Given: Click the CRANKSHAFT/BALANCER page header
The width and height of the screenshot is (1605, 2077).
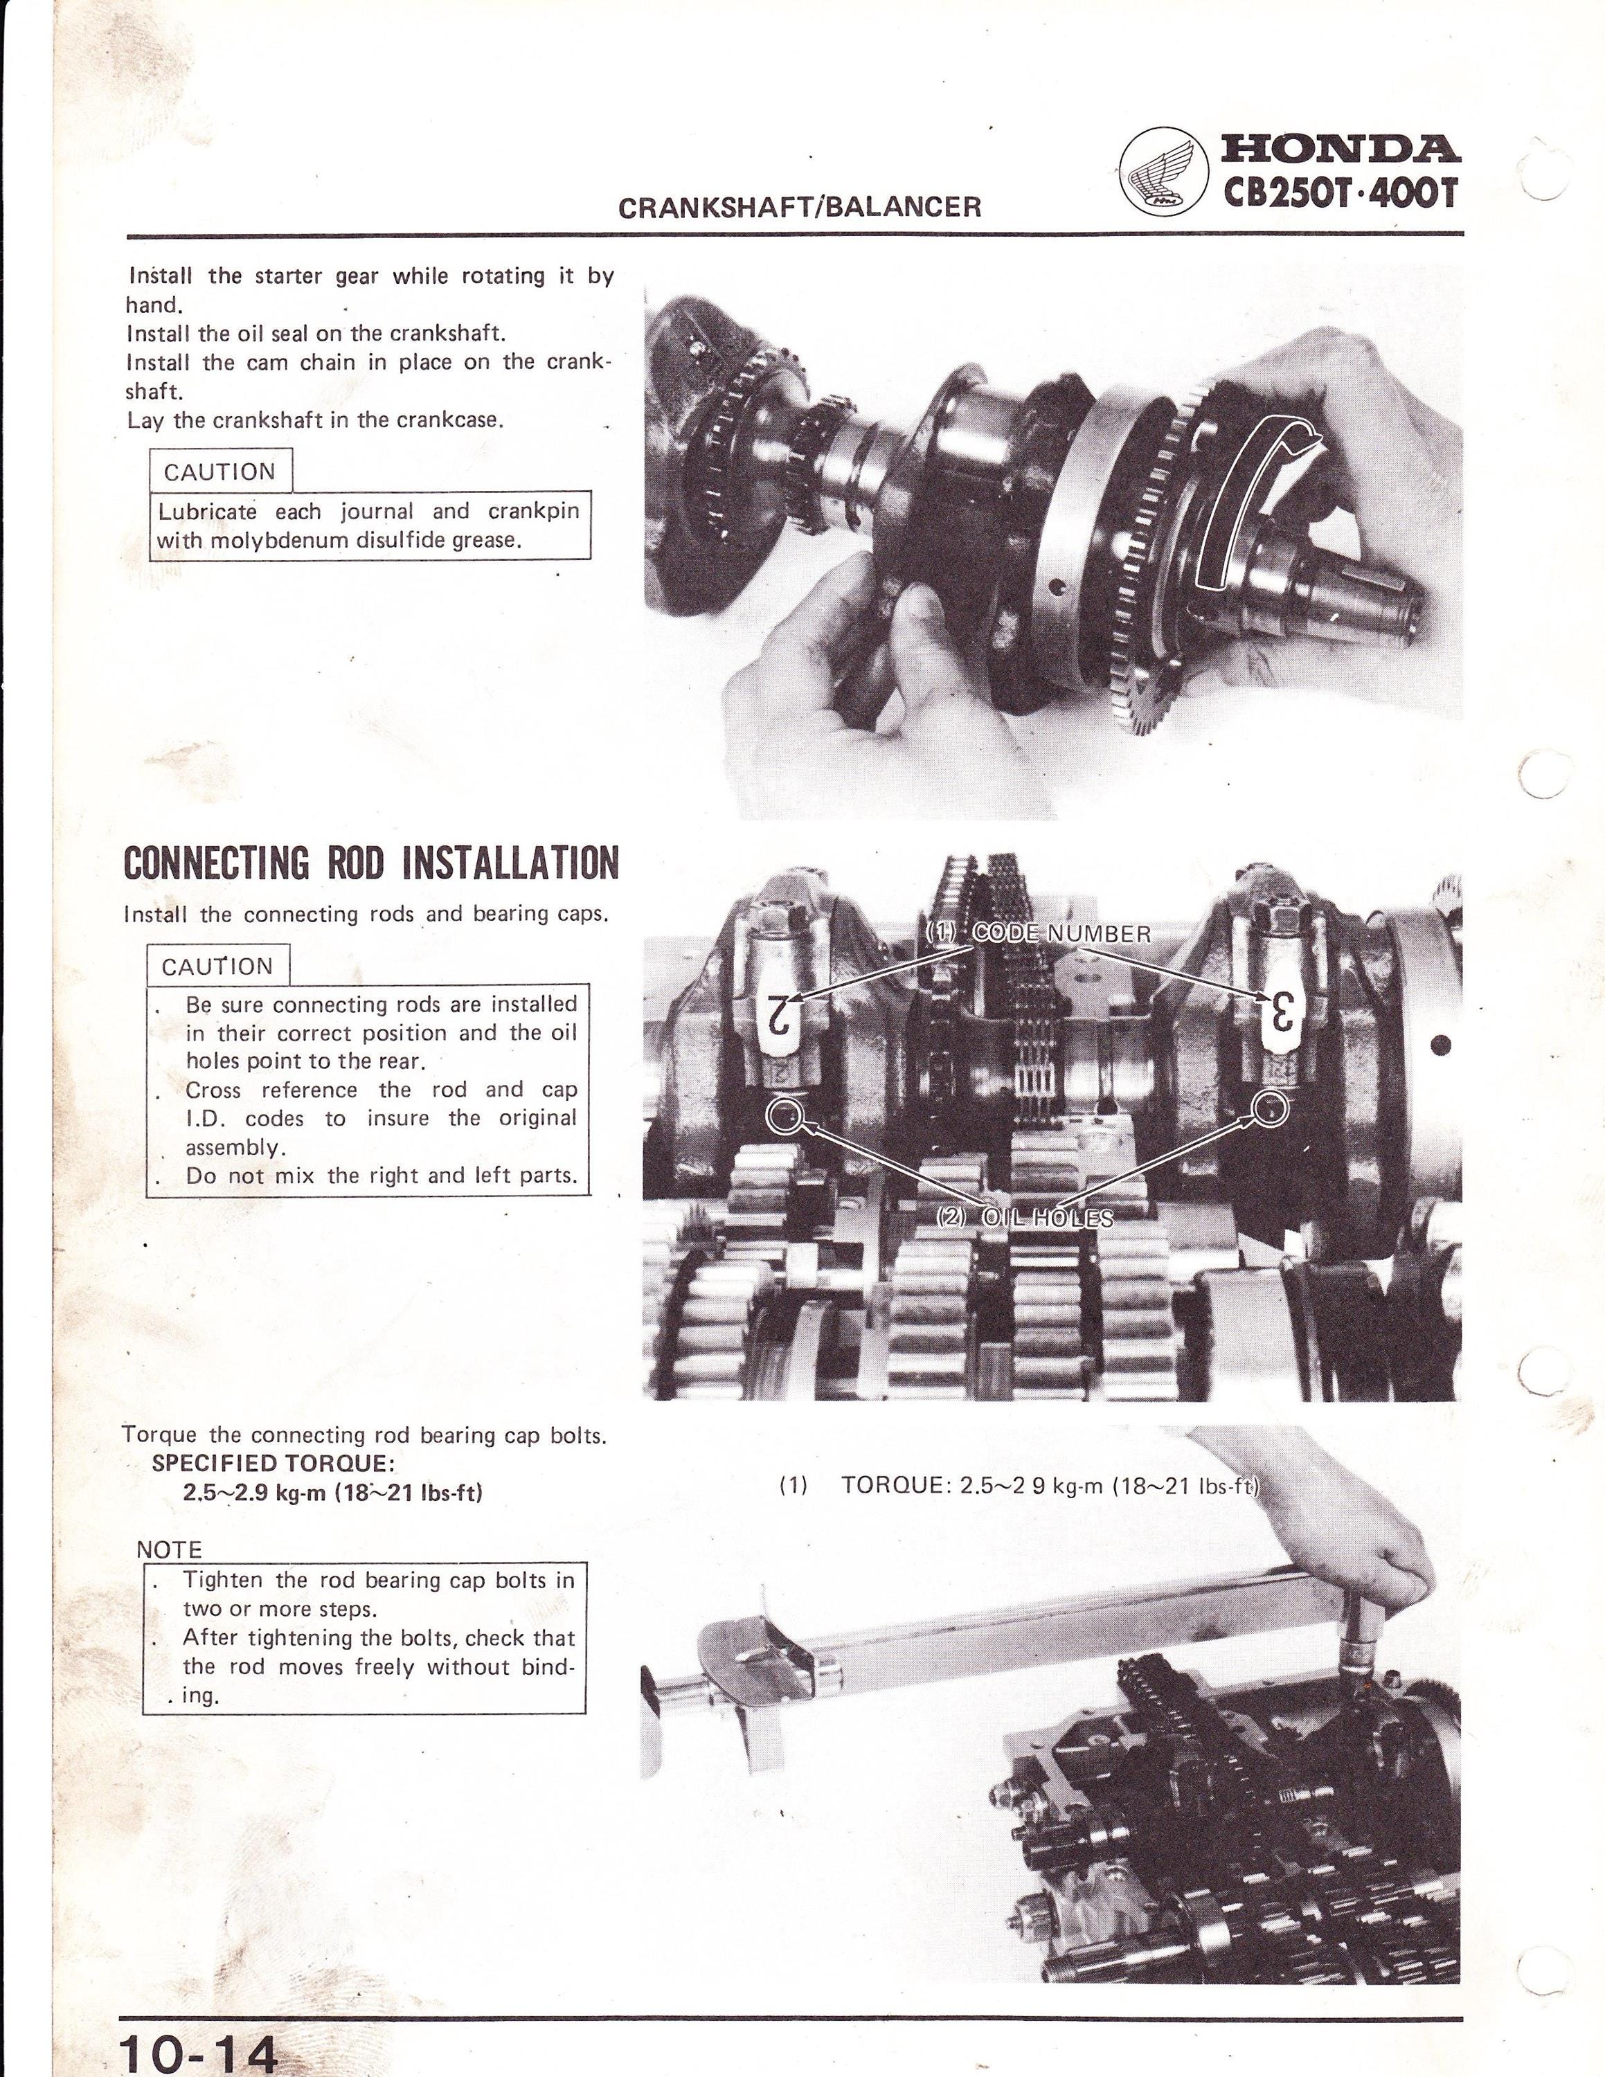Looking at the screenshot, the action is click(800, 207).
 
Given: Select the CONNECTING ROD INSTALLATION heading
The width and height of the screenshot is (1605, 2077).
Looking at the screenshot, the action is click(371, 863).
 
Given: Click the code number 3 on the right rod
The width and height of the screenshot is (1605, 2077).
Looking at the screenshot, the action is click(1281, 1011).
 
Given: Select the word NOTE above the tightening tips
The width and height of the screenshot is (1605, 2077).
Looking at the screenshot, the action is click(169, 1549).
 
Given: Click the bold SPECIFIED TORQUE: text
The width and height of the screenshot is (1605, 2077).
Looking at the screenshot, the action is click(273, 1464).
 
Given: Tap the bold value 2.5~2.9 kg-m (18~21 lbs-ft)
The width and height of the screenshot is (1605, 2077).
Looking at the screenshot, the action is click(333, 1492).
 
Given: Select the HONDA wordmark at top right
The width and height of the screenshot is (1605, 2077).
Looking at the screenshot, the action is click(1341, 150).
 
